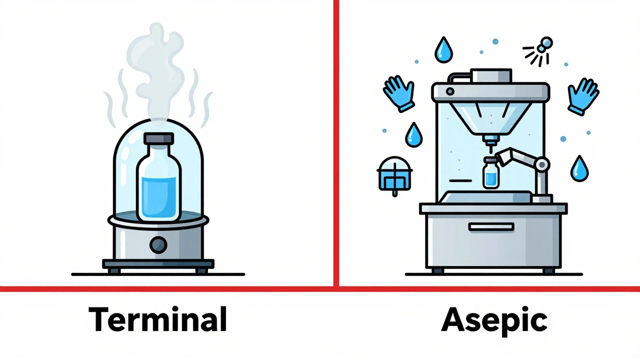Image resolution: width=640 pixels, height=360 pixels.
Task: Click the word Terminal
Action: coord(158,320)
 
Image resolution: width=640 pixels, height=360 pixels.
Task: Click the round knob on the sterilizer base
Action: coord(158,244)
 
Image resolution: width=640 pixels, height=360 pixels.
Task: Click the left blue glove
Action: coord(399,93)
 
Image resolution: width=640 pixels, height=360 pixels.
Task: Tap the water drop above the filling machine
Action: coord(443,50)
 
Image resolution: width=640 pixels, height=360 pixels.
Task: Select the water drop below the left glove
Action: coord(413,135)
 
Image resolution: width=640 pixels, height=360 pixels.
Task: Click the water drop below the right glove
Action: coord(579,169)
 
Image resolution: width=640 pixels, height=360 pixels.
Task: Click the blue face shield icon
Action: coord(394,173)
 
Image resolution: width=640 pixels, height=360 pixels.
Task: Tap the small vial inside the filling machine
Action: coord(490,173)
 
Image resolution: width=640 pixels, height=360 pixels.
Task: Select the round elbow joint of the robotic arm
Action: coord(541,163)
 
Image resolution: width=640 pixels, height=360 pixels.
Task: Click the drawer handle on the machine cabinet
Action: coord(490,227)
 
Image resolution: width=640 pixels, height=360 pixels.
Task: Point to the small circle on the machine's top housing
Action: coord(450,91)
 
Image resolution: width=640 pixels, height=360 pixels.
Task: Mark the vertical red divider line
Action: coord(336,140)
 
